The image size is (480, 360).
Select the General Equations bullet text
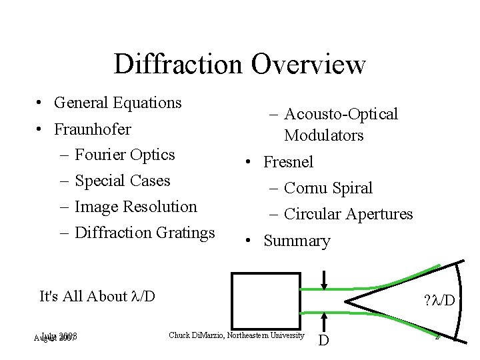tap(118, 103)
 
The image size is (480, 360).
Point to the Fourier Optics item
tap(125, 155)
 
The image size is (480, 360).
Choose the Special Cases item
tap(123, 181)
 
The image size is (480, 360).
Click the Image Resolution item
tap(136, 207)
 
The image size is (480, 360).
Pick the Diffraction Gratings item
tap(145, 233)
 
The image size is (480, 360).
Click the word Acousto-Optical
tap(341, 114)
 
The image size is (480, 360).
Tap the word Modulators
tap(323, 135)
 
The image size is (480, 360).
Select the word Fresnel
tap(288, 162)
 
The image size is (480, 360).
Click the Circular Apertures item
tap(348, 214)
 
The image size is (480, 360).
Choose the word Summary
tap(297, 241)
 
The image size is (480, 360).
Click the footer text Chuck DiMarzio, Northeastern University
tap(237, 335)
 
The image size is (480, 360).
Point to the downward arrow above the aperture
tap(323, 279)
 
